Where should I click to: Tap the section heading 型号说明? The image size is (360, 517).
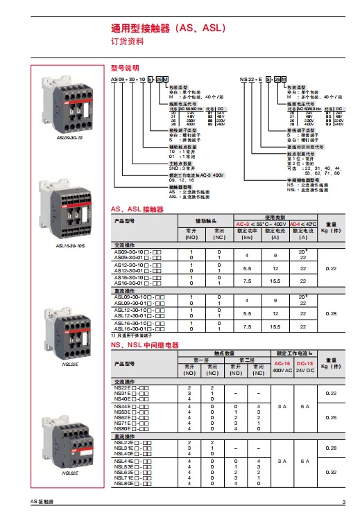pyautogui.click(x=125, y=69)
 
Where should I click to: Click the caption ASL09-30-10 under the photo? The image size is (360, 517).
pyautogui.click(x=69, y=138)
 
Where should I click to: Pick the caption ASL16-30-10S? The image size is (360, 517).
pyautogui.click(x=69, y=245)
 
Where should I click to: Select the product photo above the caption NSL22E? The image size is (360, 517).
pyautogui.click(x=69, y=328)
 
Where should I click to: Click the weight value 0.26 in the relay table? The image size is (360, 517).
pyautogui.click(x=330, y=417)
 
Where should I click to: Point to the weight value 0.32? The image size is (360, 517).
pyautogui.click(x=330, y=472)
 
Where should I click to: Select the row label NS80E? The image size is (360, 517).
pyautogui.click(x=123, y=428)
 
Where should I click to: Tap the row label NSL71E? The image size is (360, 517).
pyautogui.click(x=124, y=477)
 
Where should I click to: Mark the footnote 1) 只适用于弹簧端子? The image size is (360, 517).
pyautogui.click(x=135, y=336)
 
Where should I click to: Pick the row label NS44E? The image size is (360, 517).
pyautogui.click(x=123, y=406)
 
